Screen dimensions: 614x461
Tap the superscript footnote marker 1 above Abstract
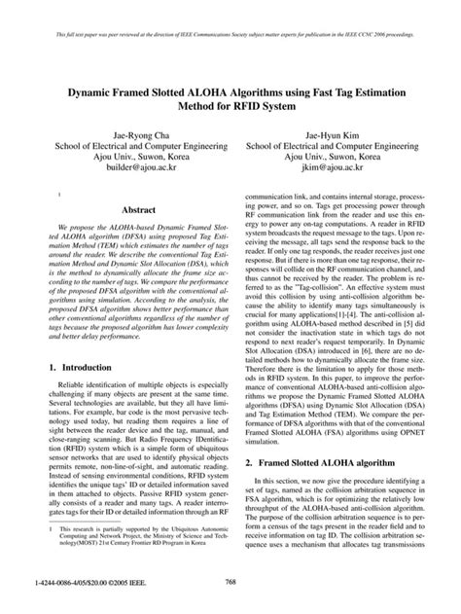tap(59, 196)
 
